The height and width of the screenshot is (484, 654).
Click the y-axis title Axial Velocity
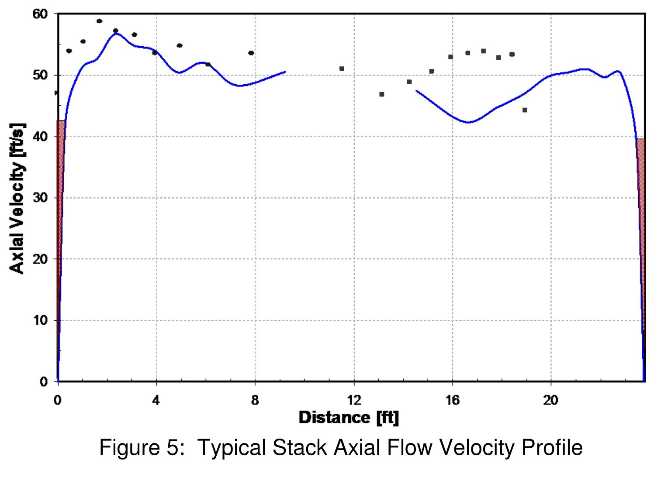(x=17, y=199)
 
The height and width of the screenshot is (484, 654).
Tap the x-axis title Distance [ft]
(x=349, y=418)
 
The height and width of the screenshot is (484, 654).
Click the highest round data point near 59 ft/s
(x=99, y=21)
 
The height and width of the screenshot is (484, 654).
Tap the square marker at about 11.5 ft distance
(x=342, y=69)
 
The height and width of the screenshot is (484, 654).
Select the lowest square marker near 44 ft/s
(x=525, y=110)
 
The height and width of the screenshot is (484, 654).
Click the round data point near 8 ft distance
(x=251, y=53)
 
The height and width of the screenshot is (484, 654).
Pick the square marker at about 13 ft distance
(x=382, y=94)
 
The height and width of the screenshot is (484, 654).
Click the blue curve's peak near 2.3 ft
(x=115, y=34)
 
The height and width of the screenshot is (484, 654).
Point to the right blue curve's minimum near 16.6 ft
(x=468, y=122)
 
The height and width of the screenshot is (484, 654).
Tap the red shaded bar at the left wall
(x=61, y=218)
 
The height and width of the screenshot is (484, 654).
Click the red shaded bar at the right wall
(x=640, y=218)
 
